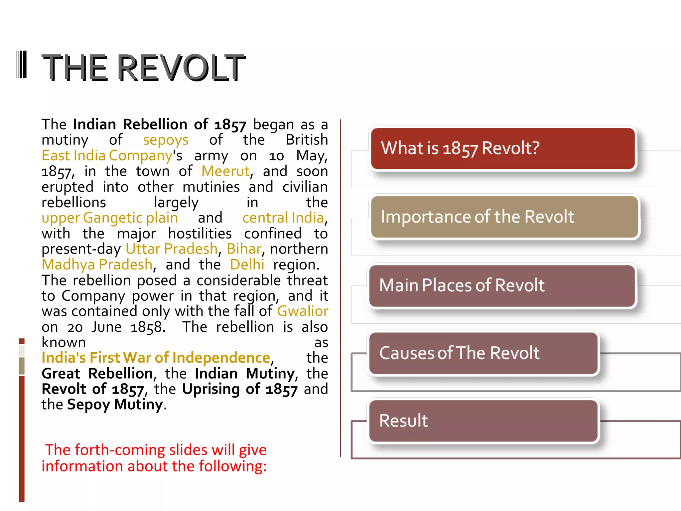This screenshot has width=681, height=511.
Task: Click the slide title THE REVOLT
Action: pos(143,68)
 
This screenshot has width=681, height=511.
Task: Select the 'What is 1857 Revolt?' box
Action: pos(503,148)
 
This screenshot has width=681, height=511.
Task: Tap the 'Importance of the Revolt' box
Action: pos(504,217)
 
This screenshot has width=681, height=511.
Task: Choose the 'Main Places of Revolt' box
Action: pos(502,285)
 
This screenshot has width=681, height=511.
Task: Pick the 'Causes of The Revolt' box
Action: pos(483,353)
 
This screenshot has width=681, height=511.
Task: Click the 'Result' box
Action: pos(483,421)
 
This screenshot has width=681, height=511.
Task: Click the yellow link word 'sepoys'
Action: pos(166,140)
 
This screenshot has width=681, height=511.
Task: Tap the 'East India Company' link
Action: pos(107,156)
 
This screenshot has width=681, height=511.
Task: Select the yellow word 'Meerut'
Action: pos(225,171)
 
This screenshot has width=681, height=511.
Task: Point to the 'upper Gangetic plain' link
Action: pos(110,218)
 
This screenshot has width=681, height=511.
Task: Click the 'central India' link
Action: pos(283,218)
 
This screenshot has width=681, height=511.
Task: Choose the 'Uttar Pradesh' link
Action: pos(172,249)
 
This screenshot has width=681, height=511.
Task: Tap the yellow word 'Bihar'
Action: pos(244,249)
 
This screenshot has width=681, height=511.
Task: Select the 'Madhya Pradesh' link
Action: pos(97,265)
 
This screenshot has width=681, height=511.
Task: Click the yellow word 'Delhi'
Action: pos(247,265)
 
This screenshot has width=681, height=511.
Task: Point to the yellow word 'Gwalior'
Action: pos(303,311)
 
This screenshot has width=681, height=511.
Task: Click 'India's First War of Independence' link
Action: pos(156,358)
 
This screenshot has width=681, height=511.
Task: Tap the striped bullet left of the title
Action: pos(22,65)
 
